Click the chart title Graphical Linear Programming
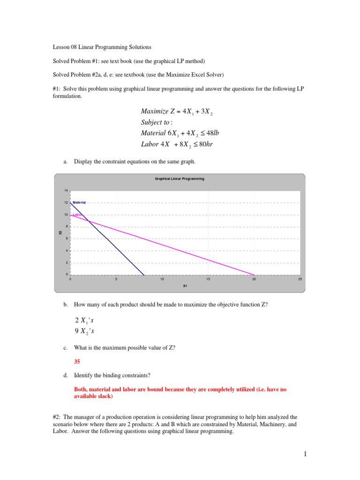[180, 179]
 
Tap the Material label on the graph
[79, 202]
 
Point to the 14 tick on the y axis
[66, 191]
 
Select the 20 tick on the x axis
[254, 279]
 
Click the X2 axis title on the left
[60, 232]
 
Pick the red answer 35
[78, 361]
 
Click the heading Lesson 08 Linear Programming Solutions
[101, 47]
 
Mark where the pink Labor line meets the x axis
[254, 275]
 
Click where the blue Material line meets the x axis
[144, 275]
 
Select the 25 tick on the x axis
[300, 279]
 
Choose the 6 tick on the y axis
[67, 239]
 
